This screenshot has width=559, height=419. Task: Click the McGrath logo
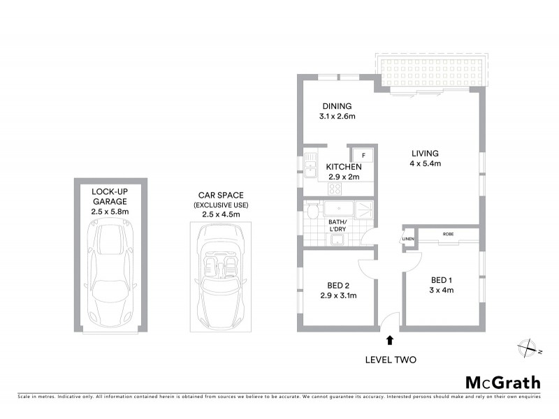(503, 382)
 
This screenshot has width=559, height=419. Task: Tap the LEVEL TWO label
(391, 360)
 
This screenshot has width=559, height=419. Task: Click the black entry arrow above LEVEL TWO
(390, 340)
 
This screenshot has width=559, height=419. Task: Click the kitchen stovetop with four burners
(335, 188)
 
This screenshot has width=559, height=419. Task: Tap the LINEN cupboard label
(407, 240)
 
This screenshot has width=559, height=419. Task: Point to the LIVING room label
(425, 154)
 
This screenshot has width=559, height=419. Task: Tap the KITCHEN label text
(344, 167)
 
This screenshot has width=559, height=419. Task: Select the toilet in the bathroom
(312, 210)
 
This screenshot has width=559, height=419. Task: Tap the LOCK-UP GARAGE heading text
(110, 196)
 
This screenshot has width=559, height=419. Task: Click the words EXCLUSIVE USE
(221, 205)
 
